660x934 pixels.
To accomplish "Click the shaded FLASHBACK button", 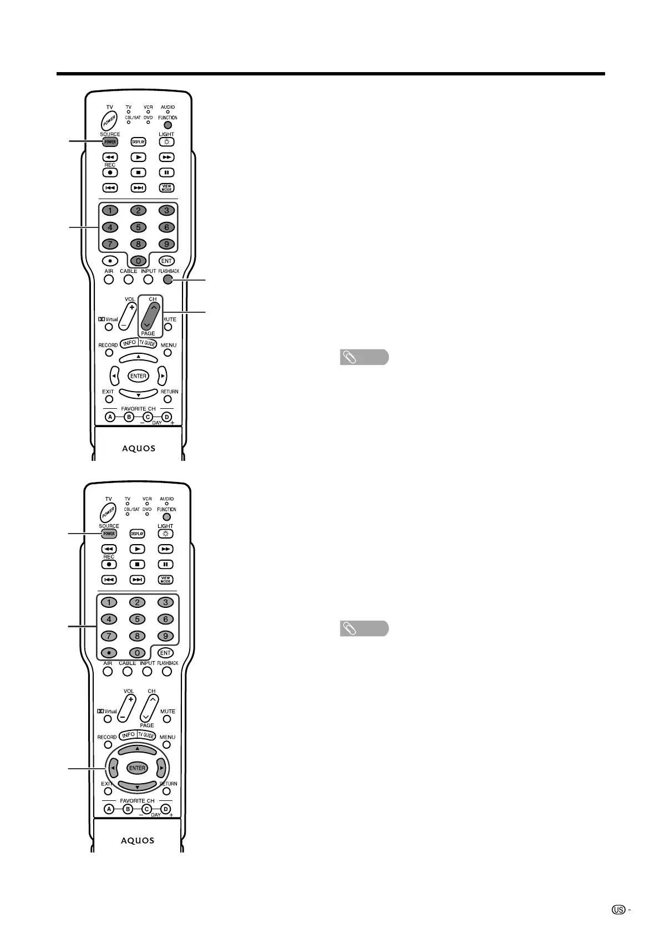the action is pyautogui.click(x=168, y=280).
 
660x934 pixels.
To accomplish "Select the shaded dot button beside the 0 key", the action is pyautogui.click(x=109, y=653).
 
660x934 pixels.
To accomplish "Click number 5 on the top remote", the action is pyautogui.click(x=138, y=227).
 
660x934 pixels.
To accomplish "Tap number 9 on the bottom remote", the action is pyautogui.click(x=165, y=636).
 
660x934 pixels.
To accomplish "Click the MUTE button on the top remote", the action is pyautogui.click(x=168, y=327).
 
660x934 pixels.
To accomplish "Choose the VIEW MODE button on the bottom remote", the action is pyautogui.click(x=165, y=580).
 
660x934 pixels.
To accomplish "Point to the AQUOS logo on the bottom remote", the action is pyautogui.click(x=138, y=840).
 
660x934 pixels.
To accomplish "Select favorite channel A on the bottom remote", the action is pyautogui.click(x=109, y=809).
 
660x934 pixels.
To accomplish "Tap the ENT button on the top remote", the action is pyautogui.click(x=166, y=261).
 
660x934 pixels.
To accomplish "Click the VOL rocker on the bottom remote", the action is pyautogui.click(x=129, y=707).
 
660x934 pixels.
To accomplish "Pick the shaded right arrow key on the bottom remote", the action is pyautogui.click(x=161, y=768).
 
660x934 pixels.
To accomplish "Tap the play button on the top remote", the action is pyautogui.click(x=138, y=158).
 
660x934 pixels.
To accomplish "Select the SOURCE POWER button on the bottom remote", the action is pyautogui.click(x=109, y=534).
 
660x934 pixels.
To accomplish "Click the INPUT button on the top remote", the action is pyautogui.click(x=148, y=280).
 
